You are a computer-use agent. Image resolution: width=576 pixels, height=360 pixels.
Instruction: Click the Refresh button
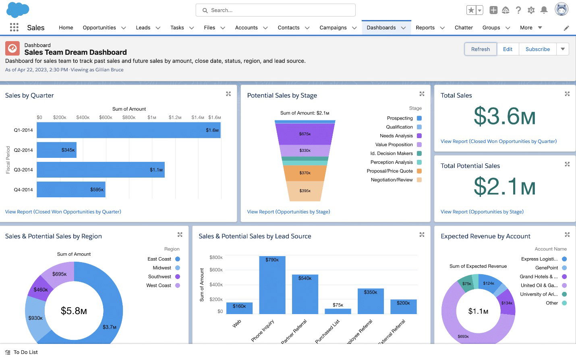(x=480, y=49)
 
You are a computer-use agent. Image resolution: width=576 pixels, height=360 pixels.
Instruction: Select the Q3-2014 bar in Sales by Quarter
(x=101, y=170)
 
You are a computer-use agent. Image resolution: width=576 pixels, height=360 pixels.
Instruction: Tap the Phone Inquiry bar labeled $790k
(x=272, y=286)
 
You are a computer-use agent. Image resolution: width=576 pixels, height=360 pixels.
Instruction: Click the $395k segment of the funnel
(x=305, y=191)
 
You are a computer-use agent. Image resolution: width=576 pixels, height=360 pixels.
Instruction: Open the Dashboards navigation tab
(x=381, y=28)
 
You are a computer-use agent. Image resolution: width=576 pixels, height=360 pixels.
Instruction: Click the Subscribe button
(x=537, y=49)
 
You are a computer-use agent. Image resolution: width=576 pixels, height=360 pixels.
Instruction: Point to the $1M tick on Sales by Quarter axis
(x=152, y=118)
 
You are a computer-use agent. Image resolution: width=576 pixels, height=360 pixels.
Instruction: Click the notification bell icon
(x=544, y=10)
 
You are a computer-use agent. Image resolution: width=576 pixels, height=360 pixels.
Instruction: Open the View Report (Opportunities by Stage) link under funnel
(x=288, y=212)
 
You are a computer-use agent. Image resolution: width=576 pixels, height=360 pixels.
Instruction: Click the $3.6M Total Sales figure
(x=504, y=116)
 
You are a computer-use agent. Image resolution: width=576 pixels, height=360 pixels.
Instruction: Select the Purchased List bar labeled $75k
(x=338, y=311)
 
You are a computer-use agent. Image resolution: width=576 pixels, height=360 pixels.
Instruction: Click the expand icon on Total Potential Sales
(x=567, y=164)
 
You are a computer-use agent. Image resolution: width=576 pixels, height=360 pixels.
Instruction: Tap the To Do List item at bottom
(x=25, y=352)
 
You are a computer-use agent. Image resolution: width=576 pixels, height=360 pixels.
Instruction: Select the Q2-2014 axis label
(x=23, y=150)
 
